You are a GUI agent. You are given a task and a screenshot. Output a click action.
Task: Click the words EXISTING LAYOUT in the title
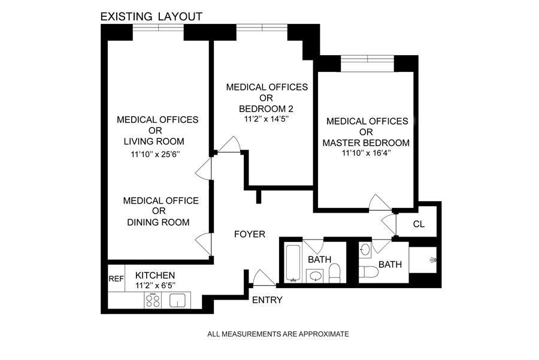tap(152, 16)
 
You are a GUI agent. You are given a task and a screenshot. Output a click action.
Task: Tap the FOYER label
tap(249, 234)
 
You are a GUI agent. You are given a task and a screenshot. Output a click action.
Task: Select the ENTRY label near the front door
tap(267, 300)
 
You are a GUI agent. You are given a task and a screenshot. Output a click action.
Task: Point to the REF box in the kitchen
tap(116, 279)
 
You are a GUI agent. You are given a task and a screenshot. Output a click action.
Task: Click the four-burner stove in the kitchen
tap(153, 301)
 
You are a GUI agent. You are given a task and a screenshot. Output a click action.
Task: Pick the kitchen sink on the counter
tap(178, 300)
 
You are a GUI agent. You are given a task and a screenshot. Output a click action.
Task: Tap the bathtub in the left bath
tap(292, 262)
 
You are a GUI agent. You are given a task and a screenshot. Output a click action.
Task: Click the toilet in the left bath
tap(335, 273)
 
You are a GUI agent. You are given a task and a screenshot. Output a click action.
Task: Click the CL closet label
tap(419, 224)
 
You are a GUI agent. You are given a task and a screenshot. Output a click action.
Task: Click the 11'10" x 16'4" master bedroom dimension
tap(367, 153)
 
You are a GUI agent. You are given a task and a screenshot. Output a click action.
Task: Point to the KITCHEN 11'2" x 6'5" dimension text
tap(150, 286)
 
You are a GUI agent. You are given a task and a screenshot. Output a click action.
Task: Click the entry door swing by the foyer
tap(262, 277)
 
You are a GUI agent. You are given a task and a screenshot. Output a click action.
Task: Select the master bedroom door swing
tap(380, 204)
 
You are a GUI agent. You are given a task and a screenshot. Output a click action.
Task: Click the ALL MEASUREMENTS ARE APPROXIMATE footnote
tap(278, 334)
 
